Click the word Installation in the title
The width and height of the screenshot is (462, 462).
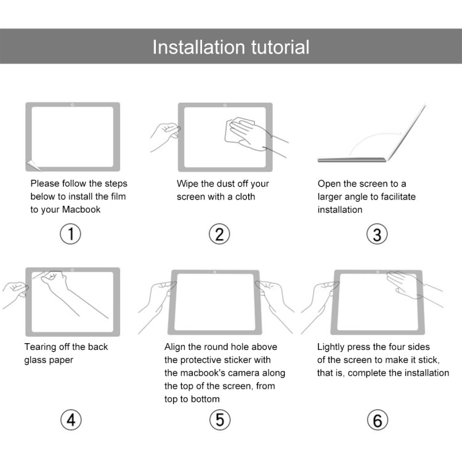point(198,47)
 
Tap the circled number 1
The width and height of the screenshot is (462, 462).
point(71,234)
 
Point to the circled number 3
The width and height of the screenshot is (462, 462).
point(377,234)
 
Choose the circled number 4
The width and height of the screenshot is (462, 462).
point(71,420)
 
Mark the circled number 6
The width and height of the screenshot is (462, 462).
point(377,420)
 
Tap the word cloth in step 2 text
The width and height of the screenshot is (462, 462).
point(245,197)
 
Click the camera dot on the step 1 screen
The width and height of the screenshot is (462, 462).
point(73,105)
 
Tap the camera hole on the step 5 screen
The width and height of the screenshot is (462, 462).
point(214,272)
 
